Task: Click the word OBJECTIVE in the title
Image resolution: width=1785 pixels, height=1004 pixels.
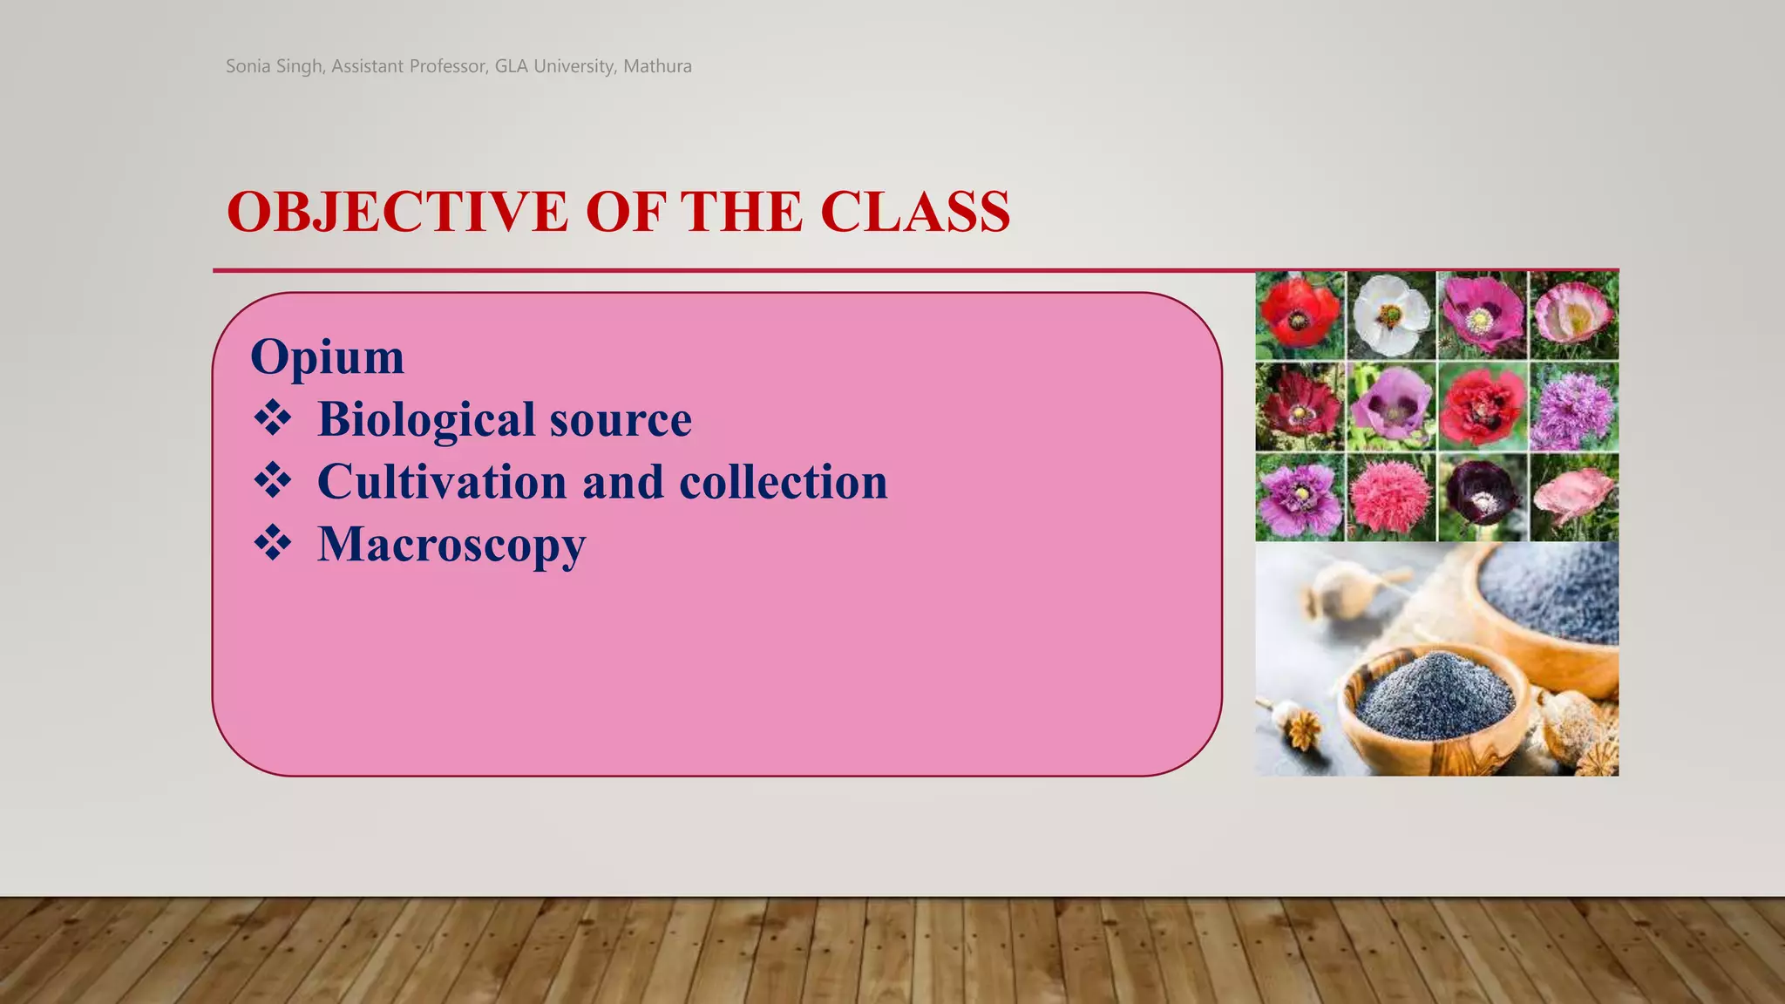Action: coord(397,212)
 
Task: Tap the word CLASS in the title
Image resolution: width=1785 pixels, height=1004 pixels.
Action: coord(915,212)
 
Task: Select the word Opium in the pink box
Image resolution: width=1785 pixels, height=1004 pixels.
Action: coord(327,356)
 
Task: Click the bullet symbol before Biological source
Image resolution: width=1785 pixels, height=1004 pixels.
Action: coord(273,417)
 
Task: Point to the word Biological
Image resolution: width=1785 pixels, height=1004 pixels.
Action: coord(425,419)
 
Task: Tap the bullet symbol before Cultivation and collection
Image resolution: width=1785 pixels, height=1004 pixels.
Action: coord(273,480)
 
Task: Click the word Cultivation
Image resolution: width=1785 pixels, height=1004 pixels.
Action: coord(442,482)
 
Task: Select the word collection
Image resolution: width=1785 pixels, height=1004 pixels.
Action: coord(783,482)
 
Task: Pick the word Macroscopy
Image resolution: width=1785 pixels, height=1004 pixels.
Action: coord(451,545)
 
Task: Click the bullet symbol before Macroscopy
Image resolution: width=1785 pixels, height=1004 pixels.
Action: coord(273,543)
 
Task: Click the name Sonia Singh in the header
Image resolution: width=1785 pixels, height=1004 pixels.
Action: coord(275,66)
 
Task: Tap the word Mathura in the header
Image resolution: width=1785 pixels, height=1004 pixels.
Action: coord(657,66)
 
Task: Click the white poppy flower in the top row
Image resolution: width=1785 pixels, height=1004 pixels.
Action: coord(1391,315)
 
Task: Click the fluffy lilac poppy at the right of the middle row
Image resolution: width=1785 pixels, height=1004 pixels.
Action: coord(1573,407)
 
